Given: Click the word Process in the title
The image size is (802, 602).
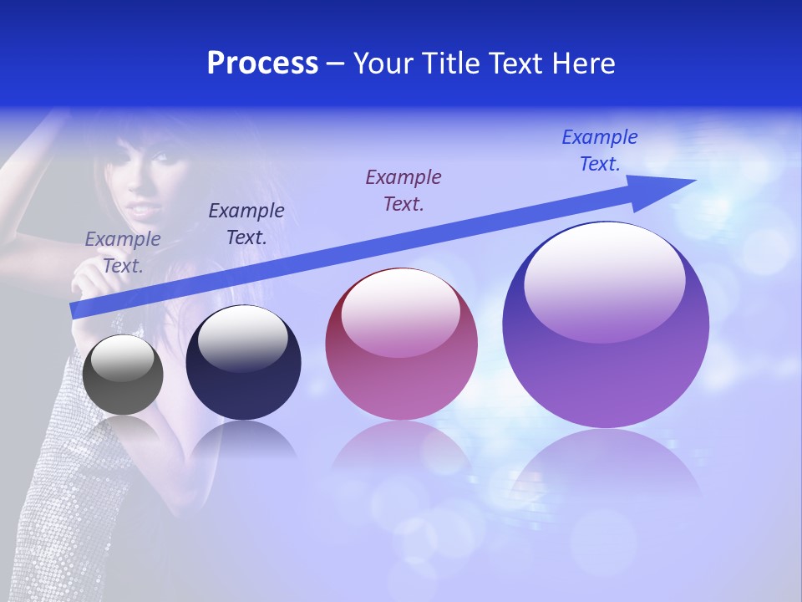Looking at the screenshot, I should (x=262, y=64).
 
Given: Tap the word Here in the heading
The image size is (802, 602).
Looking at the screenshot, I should (x=581, y=64).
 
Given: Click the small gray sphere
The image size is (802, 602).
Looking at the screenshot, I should (x=123, y=375).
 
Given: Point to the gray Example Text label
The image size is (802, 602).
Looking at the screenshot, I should (x=123, y=252).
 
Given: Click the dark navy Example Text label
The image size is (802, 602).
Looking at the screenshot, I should (x=246, y=223).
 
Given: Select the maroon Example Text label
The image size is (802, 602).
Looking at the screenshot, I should (x=404, y=190).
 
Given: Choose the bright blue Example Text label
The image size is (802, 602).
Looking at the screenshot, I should (x=600, y=150).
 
